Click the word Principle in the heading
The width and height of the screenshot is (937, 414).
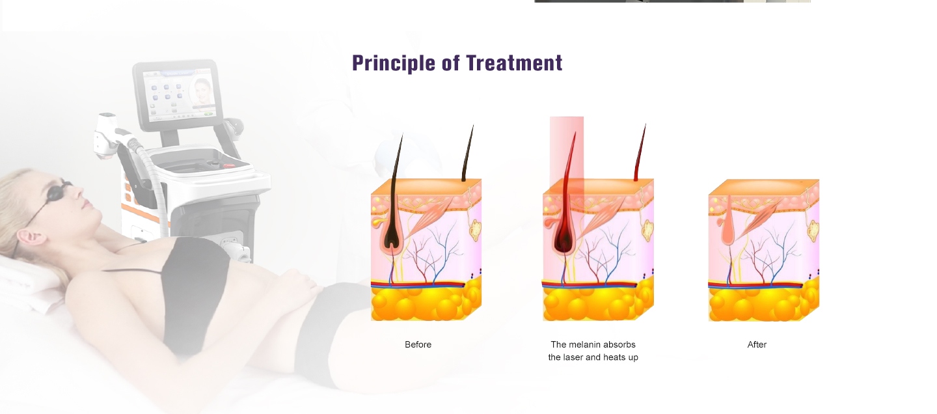coord(393,64)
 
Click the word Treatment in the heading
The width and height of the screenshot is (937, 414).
coord(514,63)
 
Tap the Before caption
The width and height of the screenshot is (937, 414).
coord(418,344)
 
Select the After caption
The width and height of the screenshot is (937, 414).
coord(757,344)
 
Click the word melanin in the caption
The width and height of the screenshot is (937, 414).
coord(586,344)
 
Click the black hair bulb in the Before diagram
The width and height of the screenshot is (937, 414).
coord(392,236)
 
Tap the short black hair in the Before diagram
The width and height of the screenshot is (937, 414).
coord(468,153)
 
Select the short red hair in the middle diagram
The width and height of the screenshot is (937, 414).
coord(640,152)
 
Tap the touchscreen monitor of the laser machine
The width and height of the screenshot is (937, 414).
coord(178,95)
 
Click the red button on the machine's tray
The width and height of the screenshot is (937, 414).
coord(229,165)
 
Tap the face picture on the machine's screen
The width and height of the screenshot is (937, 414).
coord(202,92)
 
